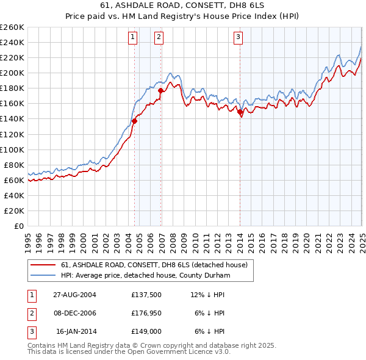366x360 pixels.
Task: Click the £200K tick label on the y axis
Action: tap(12, 73)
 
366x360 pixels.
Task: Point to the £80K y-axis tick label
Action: tap(14, 165)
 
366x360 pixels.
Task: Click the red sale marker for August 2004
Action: tap(135, 121)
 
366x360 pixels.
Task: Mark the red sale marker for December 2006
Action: tap(160, 90)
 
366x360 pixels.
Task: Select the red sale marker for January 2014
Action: tap(240, 112)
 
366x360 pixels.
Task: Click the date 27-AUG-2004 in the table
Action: tap(74, 295)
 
